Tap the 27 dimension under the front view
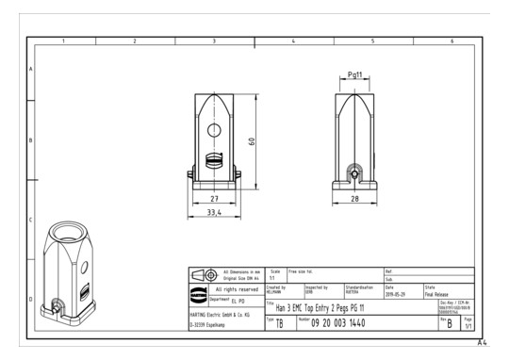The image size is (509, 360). pyautogui.click(x=213, y=199)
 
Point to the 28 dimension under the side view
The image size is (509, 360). pyautogui.click(x=353, y=199)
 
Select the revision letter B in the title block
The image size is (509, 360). pyautogui.click(x=450, y=323)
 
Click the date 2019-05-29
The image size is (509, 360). pyautogui.click(x=396, y=292)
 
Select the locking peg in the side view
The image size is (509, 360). pyautogui.click(x=354, y=173)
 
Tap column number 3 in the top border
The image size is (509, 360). pyautogui.click(x=213, y=41)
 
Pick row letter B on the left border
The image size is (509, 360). pyautogui.click(x=32, y=141)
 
